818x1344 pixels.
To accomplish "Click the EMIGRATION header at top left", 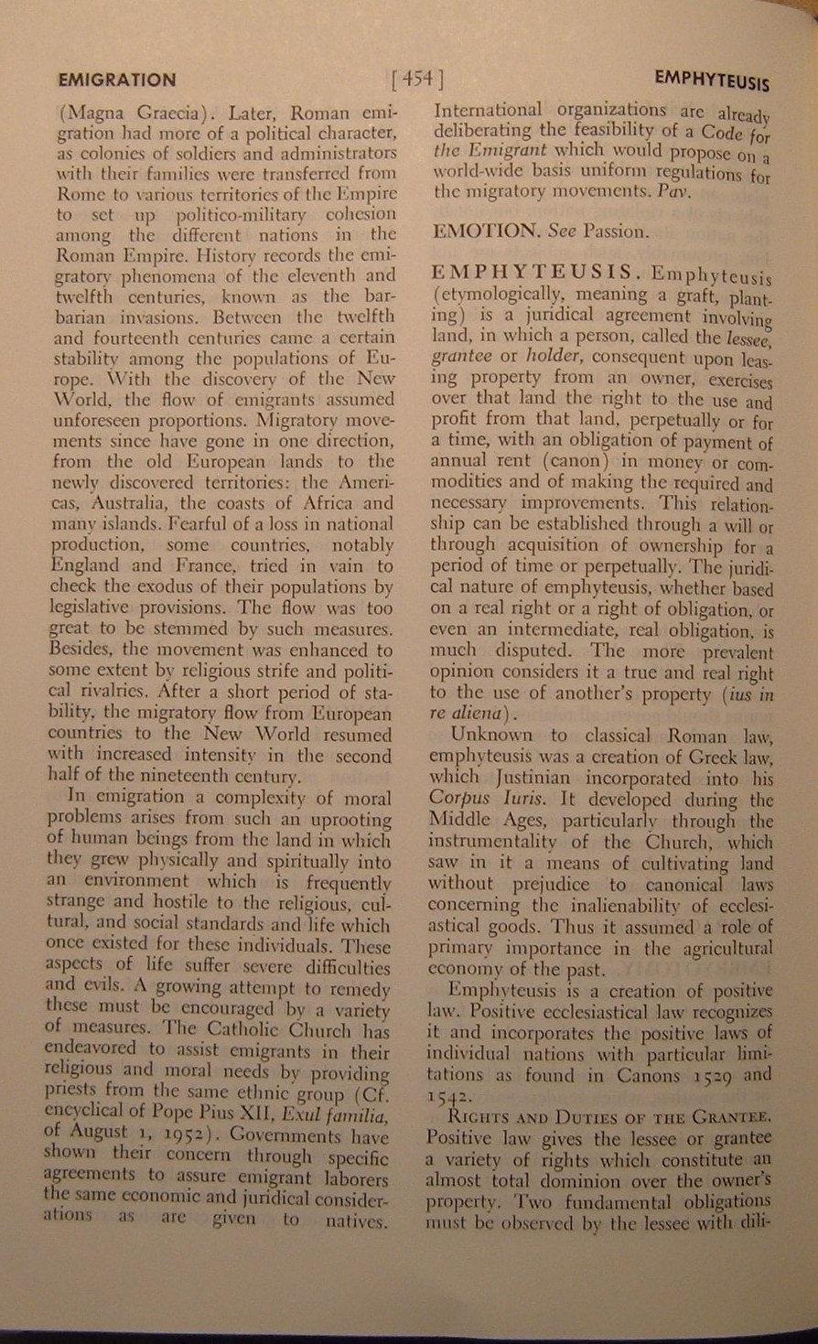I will coord(116,80).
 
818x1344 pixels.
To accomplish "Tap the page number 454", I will coord(416,80).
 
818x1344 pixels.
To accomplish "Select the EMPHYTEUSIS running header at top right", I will coord(712,81).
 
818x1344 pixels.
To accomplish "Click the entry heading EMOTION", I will coord(487,231).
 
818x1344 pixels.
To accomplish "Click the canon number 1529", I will coord(702,1075).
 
